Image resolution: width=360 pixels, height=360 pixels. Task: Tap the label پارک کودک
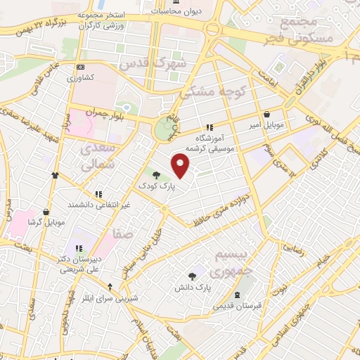coord(155,186)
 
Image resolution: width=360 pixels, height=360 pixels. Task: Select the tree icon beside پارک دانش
coord(193,276)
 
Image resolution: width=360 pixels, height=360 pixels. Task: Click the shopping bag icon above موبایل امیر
coord(267,114)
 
